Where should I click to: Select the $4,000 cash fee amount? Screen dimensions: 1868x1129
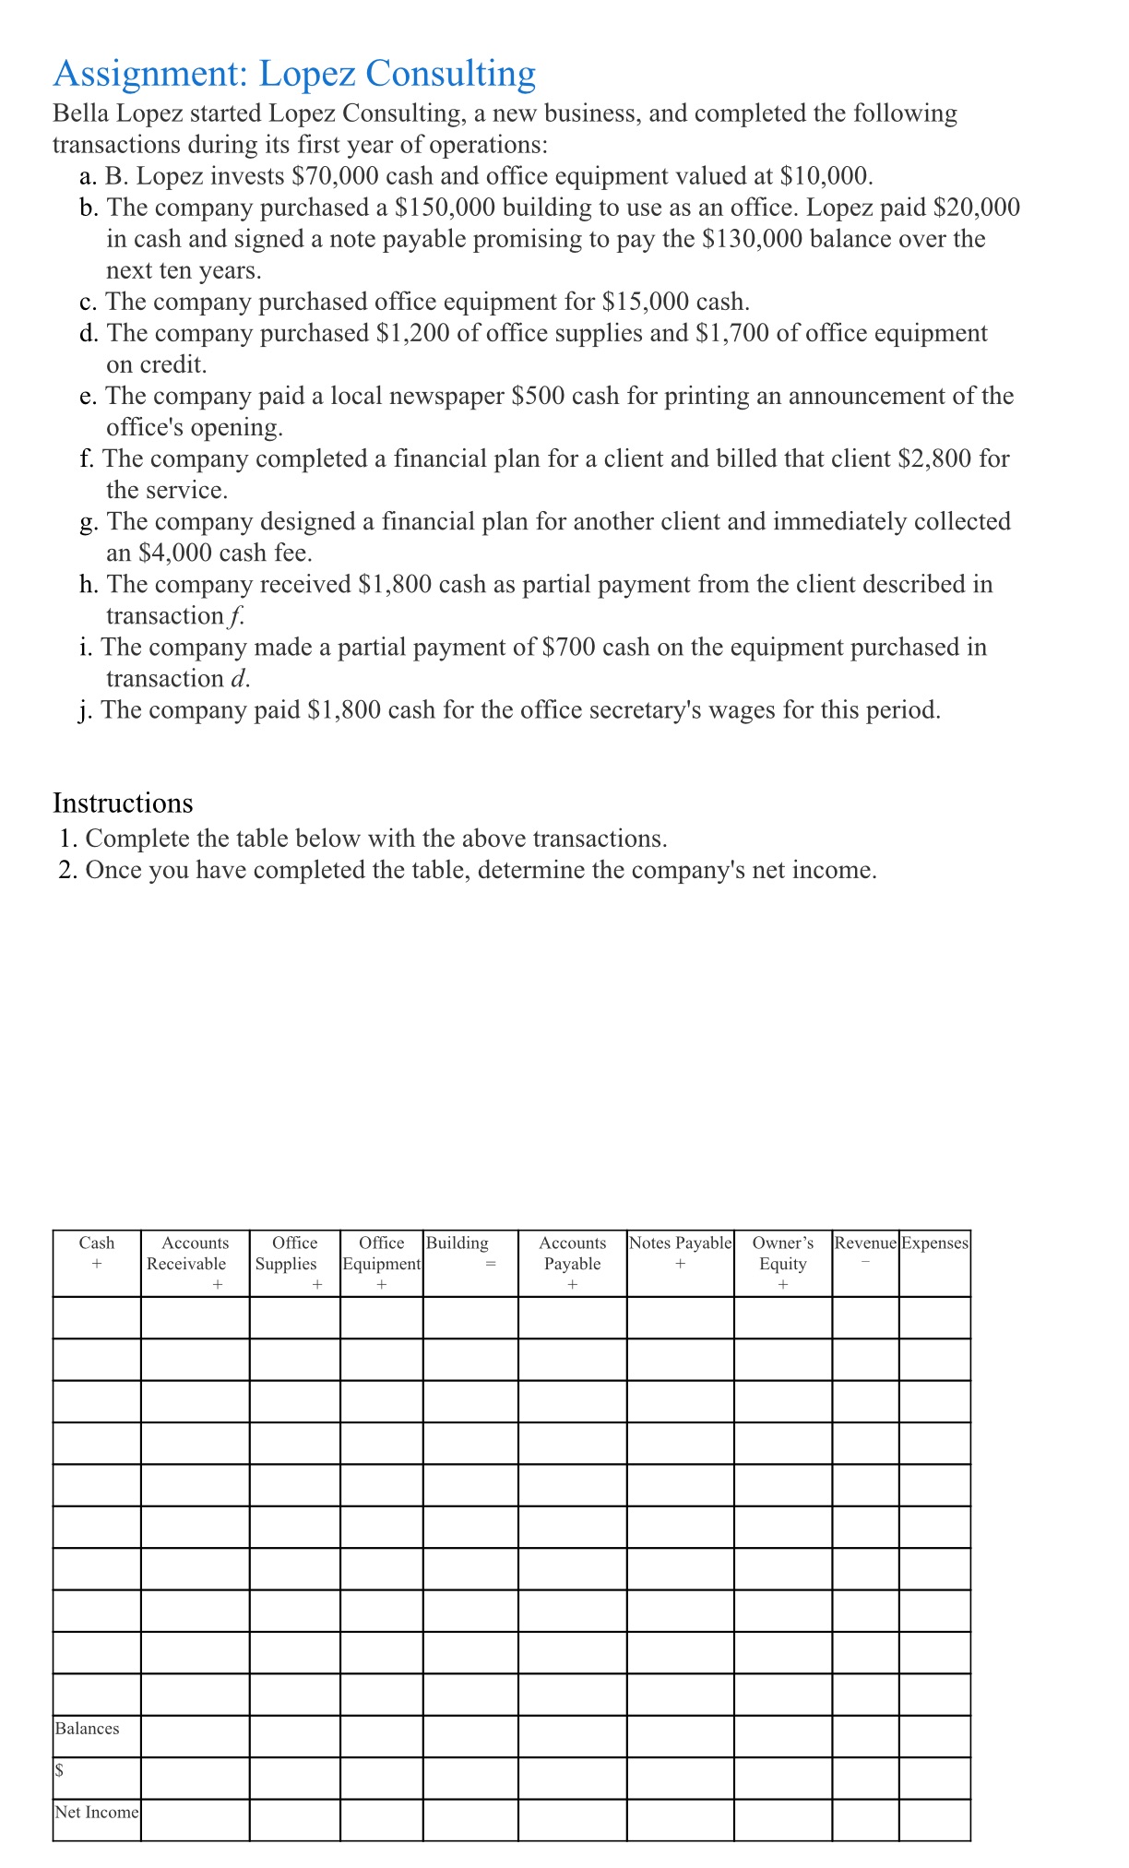coord(175,553)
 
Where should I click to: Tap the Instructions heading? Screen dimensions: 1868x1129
coord(123,803)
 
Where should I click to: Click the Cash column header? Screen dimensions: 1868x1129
coord(97,1243)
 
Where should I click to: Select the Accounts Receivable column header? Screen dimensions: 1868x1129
coord(195,1254)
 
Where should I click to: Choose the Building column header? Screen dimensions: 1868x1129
coord(458,1243)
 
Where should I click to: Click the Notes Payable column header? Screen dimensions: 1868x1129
coord(680,1243)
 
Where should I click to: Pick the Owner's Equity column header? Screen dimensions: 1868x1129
coord(782,1254)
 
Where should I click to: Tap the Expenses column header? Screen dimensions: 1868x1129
coord(934,1243)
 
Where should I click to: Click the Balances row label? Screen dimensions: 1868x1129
coord(88,1729)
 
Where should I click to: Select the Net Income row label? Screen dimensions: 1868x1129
coord(97,1813)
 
